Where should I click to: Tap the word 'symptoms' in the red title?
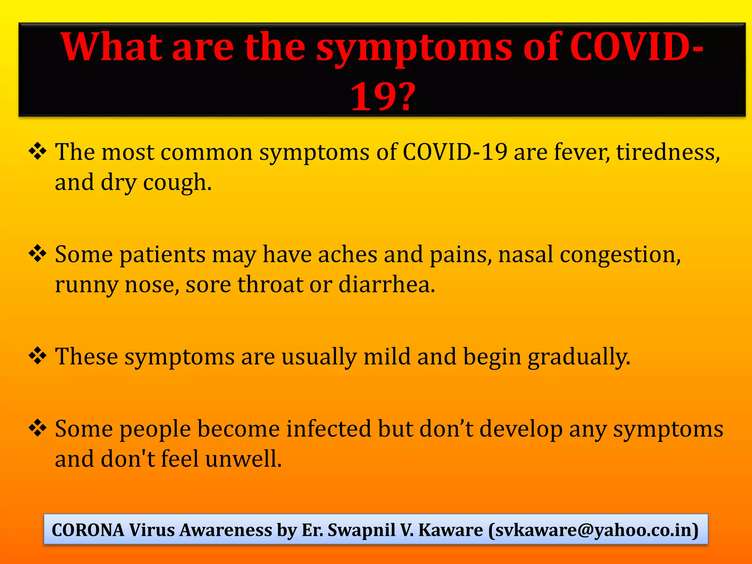(x=414, y=48)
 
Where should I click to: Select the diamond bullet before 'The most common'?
(x=37, y=151)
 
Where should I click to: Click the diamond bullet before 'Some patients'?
(x=37, y=254)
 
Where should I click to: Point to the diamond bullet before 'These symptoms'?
(x=37, y=356)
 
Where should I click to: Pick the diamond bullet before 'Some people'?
(x=37, y=428)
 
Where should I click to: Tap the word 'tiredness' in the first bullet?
(x=667, y=152)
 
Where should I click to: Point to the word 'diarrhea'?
(x=386, y=285)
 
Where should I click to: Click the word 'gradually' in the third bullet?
(x=579, y=357)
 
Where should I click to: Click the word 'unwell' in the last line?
(x=243, y=459)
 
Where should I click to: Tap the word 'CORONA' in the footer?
(x=88, y=530)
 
